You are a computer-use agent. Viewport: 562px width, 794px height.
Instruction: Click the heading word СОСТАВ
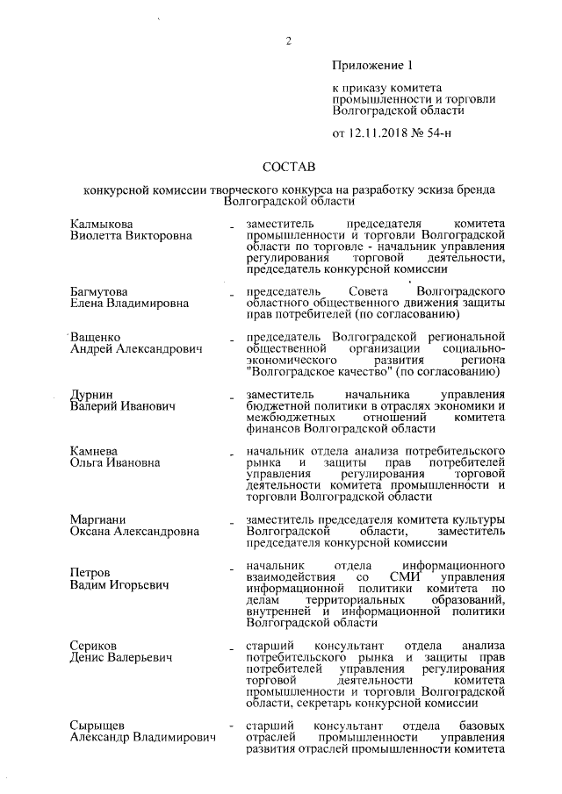pos(289,167)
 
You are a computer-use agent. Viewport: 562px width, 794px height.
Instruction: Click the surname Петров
pos(90,572)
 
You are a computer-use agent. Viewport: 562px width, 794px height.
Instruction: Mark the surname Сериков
pos(93,646)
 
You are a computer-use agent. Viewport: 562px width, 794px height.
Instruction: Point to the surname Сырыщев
pos(98,725)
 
